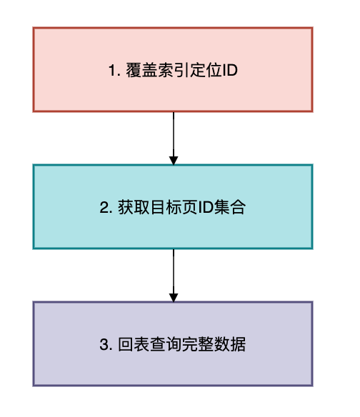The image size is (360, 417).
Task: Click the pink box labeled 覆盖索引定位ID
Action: coord(173,69)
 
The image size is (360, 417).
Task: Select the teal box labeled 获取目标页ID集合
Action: coord(173,206)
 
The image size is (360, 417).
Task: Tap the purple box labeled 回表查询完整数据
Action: coord(173,343)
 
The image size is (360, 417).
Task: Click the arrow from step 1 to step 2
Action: coord(174,139)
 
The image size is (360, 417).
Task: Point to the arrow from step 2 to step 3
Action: coord(174,276)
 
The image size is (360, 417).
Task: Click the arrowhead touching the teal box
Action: coord(174,161)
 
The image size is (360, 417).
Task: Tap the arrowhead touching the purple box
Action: coord(174,298)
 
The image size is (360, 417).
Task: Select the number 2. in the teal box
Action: coord(106,208)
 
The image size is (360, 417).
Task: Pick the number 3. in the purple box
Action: coord(106,344)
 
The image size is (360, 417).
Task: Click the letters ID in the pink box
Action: coord(230,71)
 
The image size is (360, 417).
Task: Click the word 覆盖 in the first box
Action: coord(141,70)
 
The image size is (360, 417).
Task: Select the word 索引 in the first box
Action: coord(174,70)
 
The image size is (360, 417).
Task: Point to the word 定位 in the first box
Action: coord(206,70)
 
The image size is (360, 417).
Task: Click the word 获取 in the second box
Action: coord(134,207)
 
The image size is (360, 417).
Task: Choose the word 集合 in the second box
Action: coord(229,207)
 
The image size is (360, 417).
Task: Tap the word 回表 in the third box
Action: coord(134,344)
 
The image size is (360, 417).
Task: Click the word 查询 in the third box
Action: coord(166,344)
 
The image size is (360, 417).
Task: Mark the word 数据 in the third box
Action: coord(230,344)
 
